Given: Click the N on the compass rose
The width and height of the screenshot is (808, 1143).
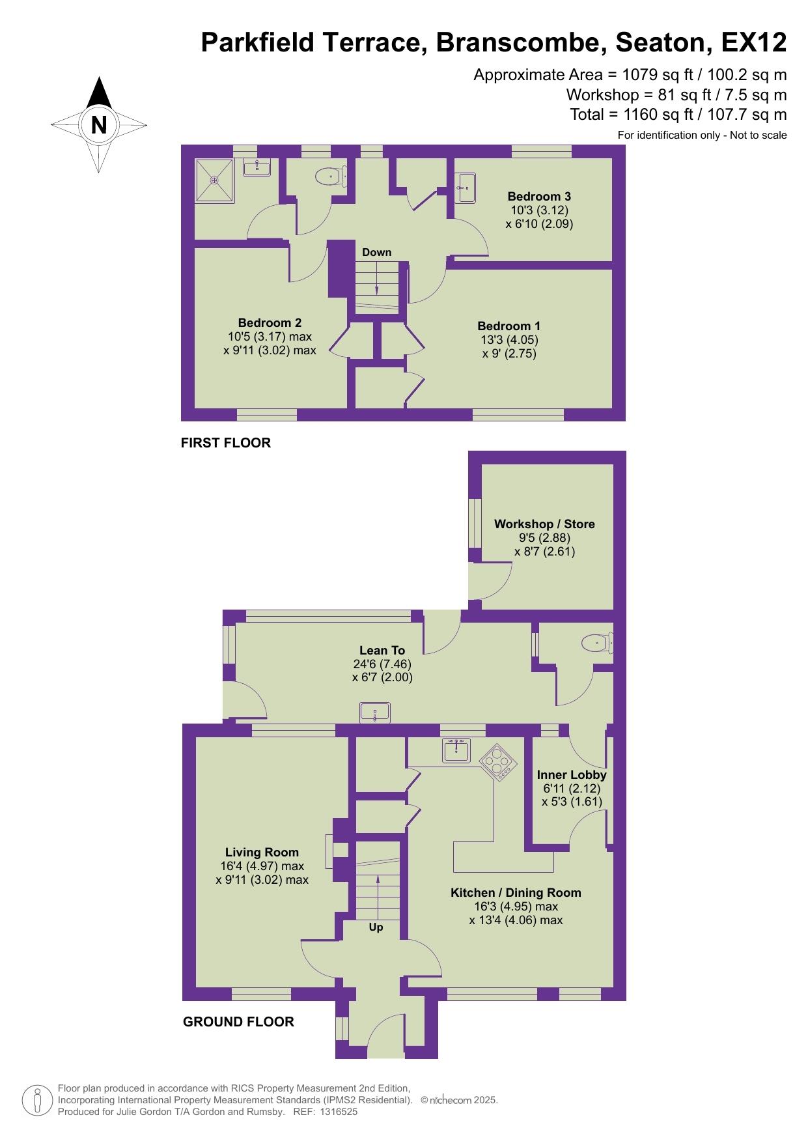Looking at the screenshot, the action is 98,124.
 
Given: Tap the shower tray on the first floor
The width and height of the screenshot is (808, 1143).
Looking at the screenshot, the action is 214,180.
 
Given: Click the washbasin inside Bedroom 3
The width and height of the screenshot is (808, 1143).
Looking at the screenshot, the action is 466,188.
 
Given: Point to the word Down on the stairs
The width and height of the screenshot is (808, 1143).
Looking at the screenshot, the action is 377,252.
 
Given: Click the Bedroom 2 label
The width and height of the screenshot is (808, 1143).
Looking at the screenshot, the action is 270,322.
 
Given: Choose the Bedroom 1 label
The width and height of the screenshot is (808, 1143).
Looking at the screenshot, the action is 509,326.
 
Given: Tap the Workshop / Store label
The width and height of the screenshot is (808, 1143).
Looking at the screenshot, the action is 544,524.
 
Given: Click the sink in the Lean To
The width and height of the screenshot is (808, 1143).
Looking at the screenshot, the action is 375,712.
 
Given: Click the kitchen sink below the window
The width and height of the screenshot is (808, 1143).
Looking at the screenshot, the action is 456,750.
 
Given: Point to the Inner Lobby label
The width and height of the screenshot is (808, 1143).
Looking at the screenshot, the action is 572,774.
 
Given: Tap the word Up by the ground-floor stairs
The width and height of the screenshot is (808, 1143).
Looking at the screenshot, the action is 376,927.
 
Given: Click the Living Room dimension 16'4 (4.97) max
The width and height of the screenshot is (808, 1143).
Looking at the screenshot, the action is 262,866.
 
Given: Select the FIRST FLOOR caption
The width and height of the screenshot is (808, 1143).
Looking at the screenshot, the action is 226,443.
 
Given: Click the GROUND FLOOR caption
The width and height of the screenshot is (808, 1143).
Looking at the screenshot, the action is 238,1022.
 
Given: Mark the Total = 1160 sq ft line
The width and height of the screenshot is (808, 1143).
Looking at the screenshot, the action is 678,115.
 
